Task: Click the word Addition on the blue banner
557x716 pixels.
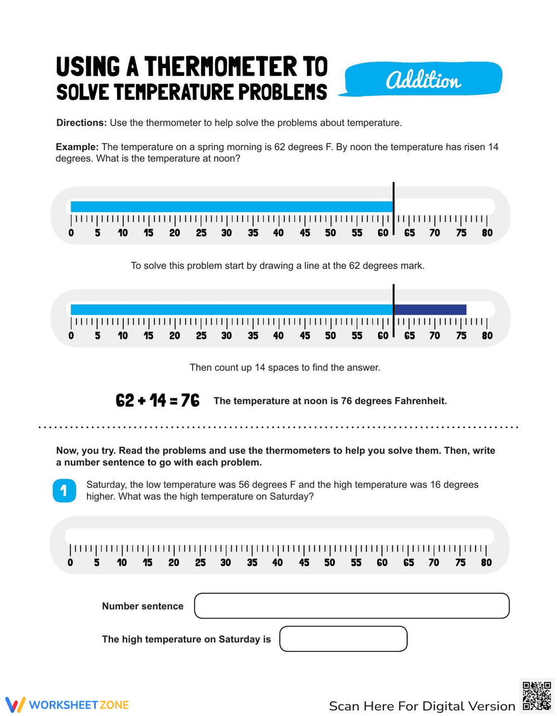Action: pyautogui.click(x=423, y=80)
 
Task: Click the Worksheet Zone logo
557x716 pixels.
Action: pyautogui.click(x=67, y=705)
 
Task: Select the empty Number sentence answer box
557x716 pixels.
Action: pyautogui.click(x=351, y=606)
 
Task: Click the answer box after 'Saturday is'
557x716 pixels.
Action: pyautogui.click(x=343, y=639)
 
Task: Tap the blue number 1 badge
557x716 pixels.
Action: pyautogui.click(x=64, y=490)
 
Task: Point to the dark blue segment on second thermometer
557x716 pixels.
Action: pyautogui.click(x=430, y=310)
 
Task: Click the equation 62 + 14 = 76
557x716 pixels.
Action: pyautogui.click(x=158, y=400)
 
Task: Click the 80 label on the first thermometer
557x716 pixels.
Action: pyautogui.click(x=487, y=233)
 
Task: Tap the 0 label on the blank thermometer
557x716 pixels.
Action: pyautogui.click(x=70, y=563)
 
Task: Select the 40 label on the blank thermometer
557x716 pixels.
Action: pyautogui.click(x=277, y=563)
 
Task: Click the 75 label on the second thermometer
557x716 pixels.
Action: pyautogui.click(x=461, y=335)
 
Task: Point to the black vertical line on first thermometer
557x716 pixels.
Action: pyautogui.click(x=393, y=207)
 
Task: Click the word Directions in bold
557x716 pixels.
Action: pyautogui.click(x=81, y=123)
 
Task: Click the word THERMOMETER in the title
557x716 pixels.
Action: pyautogui.click(x=221, y=67)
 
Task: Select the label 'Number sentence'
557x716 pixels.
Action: pyautogui.click(x=143, y=606)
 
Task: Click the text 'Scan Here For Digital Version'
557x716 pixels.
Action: pyautogui.click(x=422, y=706)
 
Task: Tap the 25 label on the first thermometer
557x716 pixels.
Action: pyautogui.click(x=201, y=233)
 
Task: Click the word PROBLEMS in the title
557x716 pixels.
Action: pyautogui.click(x=283, y=92)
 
